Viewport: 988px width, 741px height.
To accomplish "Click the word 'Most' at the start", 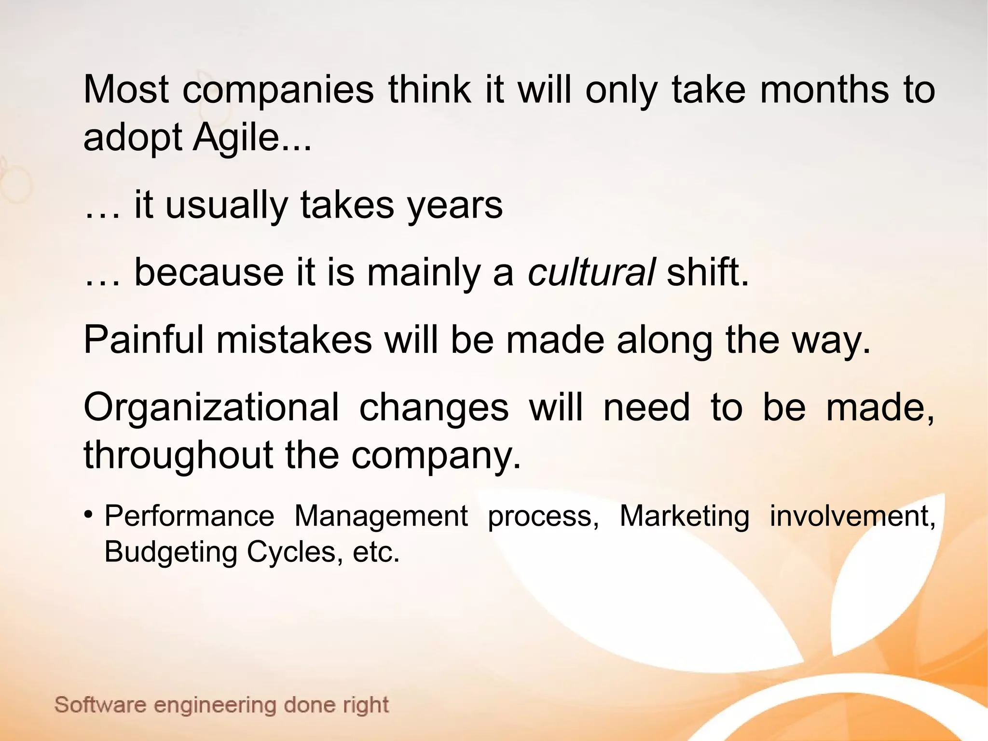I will tap(126, 89).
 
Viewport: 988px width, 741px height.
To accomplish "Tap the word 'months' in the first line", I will tap(824, 89).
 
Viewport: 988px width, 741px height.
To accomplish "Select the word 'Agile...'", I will tap(252, 137).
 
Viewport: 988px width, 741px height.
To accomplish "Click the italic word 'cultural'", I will tap(591, 272).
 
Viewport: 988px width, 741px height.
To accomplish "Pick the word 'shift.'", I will tap(707, 272).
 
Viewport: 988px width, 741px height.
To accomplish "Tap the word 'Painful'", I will tap(143, 340).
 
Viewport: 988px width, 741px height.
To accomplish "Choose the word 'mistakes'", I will tap(294, 340).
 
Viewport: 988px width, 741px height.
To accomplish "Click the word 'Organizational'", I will tap(211, 407).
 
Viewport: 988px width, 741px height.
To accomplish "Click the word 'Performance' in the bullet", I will tap(189, 516).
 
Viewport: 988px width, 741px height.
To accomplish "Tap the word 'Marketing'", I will tap(684, 516).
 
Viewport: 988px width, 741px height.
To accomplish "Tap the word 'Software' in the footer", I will tap(100, 705).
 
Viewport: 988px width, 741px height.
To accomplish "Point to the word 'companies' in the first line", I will tap(278, 90).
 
